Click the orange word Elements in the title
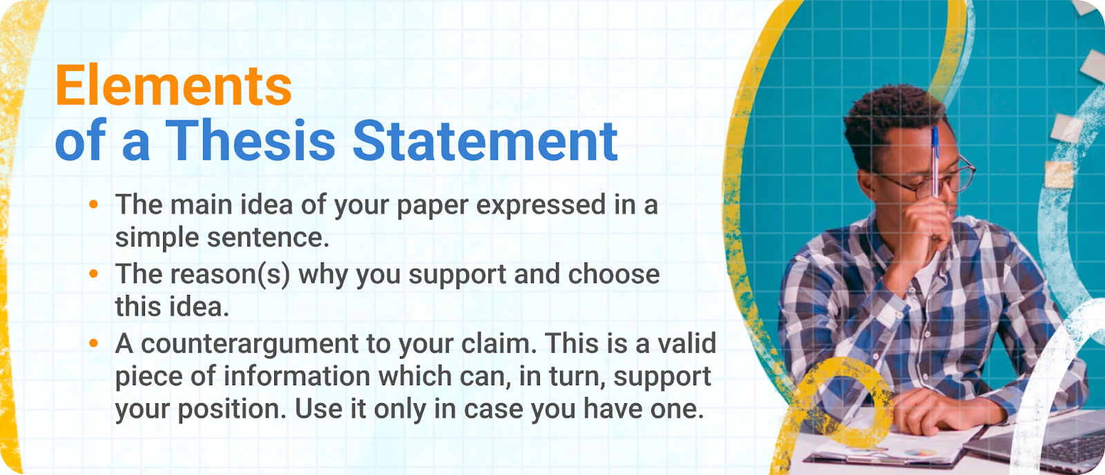coord(173,86)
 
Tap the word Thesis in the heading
coord(251,142)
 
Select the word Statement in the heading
coord(486,142)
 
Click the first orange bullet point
coord(94,204)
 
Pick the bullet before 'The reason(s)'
coord(94,273)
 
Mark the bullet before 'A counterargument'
coord(94,343)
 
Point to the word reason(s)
coord(232,275)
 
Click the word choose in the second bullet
coord(614,274)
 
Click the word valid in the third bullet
coord(686,344)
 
